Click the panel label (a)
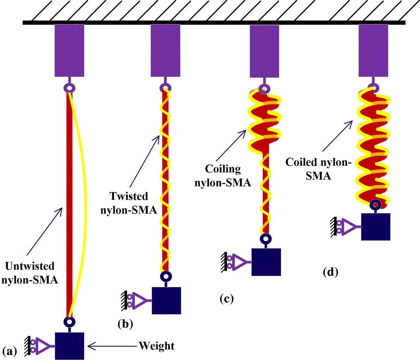coord(9,351)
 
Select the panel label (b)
coord(125,324)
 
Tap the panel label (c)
coord(227,299)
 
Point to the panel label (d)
coord(331,272)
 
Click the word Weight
coord(157,346)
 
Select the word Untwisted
coord(30,266)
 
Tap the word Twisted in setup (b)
coord(129,196)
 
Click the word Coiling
coord(223,169)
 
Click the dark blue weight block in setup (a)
coord(70,346)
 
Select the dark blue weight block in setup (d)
coord(376,227)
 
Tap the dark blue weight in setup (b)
coord(166,300)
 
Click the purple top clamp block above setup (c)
coord(264,51)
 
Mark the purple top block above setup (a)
coord(70,51)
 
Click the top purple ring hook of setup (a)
coord(69,88)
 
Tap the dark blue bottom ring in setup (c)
coord(266,239)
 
